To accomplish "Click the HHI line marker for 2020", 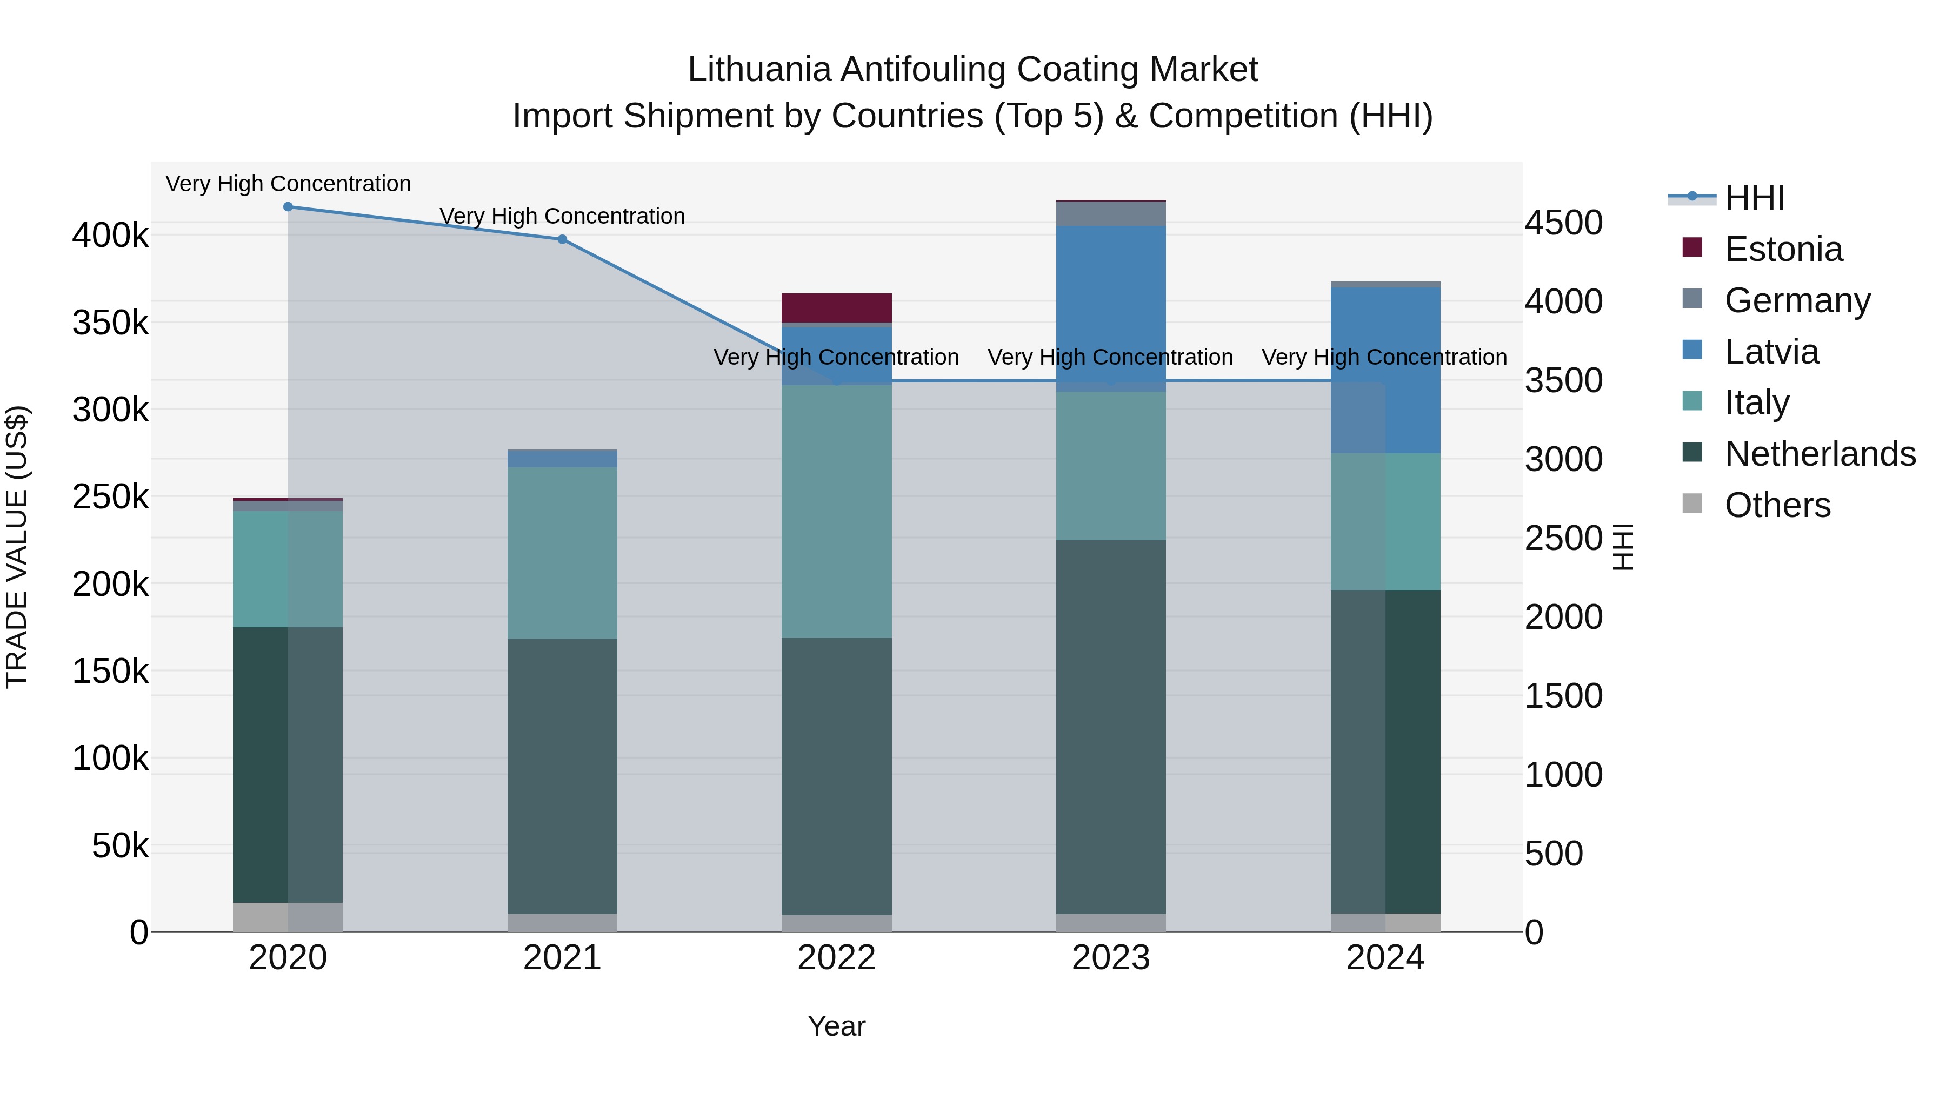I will coord(288,207).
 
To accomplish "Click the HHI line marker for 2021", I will coord(562,239).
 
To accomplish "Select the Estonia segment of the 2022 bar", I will coord(836,308).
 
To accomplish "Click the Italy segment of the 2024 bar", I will coord(1385,522).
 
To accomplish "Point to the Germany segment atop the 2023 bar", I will coord(1110,213).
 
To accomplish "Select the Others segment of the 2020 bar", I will coord(288,917).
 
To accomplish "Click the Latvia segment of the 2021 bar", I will coord(562,458).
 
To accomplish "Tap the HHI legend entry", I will coord(1754,198).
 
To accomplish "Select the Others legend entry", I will coord(1777,505).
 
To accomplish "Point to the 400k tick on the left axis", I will coord(110,236).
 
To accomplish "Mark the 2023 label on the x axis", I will coord(1110,958).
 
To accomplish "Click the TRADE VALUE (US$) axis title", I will coord(17,547).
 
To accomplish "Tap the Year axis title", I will coord(836,1026).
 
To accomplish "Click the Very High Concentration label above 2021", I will coord(562,216).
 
